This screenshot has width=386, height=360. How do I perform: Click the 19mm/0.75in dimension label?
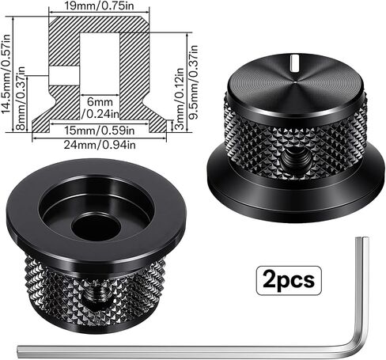pos(100,6)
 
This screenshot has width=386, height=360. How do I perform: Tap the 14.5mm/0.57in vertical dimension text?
pos(6,74)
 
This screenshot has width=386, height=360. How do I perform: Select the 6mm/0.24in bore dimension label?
pos(100,108)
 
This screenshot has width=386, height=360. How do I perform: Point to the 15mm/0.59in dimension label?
pos(100,131)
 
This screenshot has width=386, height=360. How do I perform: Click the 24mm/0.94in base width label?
pos(100,145)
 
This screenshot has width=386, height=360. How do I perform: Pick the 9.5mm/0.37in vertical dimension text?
pos(194,82)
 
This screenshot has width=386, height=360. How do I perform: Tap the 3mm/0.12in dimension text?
pos(180,99)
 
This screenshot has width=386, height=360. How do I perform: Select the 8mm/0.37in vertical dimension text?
pos(21,98)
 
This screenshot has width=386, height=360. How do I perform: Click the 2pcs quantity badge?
pos(289,280)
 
